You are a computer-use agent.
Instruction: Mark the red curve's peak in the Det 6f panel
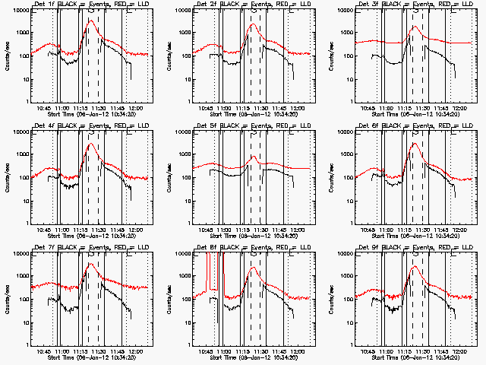[x=415, y=143]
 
